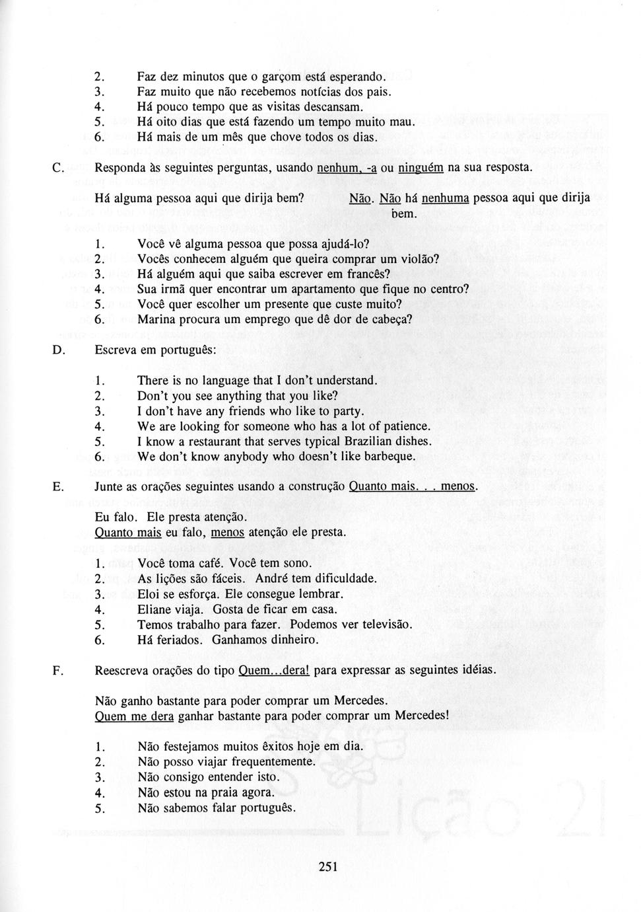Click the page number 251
point(327,867)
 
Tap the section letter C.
point(57,168)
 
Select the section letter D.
point(57,350)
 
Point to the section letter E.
point(57,487)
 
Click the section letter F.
point(57,670)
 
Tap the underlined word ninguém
point(421,168)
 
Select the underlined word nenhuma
point(445,198)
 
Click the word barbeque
point(392,457)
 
